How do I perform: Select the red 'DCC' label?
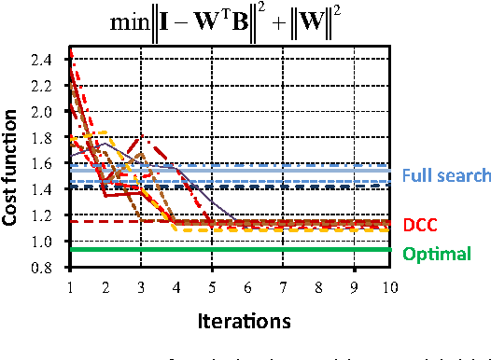421,225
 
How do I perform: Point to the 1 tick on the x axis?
69,287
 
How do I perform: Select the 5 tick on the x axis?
212,287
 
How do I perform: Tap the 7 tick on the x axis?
283,287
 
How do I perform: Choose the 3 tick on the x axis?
140,287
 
